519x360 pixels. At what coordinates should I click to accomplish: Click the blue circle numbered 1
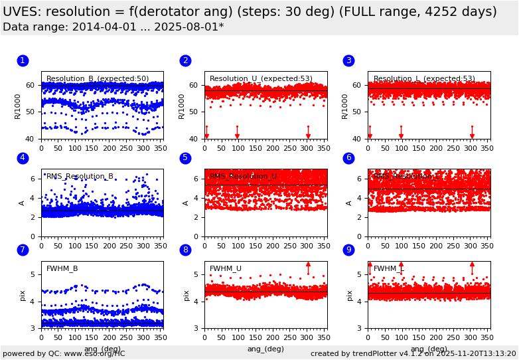(x=23, y=60)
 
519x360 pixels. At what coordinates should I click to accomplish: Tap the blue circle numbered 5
(x=185, y=158)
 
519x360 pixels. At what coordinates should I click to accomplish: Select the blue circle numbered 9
(x=348, y=250)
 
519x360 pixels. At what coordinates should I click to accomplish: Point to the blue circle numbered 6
(x=348, y=158)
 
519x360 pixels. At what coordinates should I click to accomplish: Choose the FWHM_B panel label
(x=62, y=268)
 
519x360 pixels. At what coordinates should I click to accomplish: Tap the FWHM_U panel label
(x=226, y=268)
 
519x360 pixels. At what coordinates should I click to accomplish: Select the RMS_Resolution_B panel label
(x=80, y=177)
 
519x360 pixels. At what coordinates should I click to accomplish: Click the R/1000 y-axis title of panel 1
(x=18, y=106)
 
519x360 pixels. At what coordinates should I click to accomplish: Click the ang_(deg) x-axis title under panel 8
(x=265, y=349)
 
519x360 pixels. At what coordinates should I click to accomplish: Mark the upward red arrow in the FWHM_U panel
(x=308, y=267)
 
